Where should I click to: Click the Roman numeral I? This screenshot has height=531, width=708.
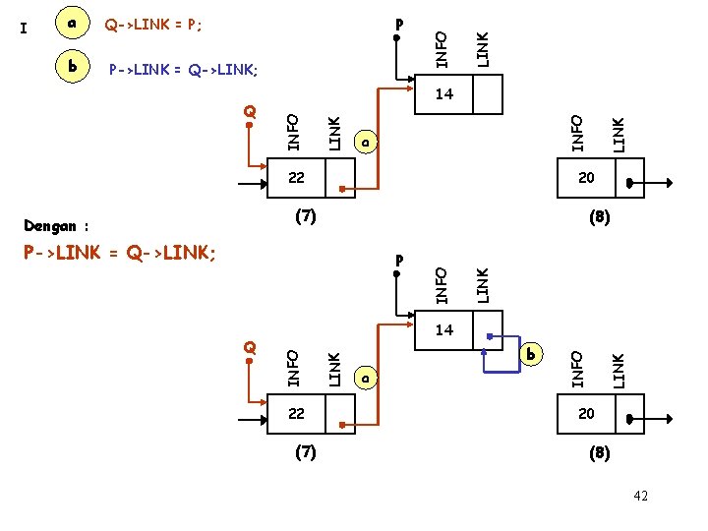pyautogui.click(x=24, y=28)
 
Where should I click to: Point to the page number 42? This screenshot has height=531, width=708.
pyautogui.click(x=641, y=497)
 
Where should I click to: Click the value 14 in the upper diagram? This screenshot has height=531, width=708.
pyautogui.click(x=443, y=94)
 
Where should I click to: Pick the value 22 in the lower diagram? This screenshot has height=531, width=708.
pyautogui.click(x=296, y=414)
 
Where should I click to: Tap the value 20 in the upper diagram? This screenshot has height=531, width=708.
pyautogui.click(x=586, y=178)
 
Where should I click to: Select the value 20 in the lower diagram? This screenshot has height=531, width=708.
pyautogui.click(x=586, y=414)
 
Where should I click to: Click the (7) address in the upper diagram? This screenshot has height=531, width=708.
pyautogui.click(x=306, y=215)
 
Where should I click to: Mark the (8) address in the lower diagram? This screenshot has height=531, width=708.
pyautogui.click(x=598, y=453)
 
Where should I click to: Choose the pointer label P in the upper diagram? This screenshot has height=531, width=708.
pyautogui.click(x=397, y=23)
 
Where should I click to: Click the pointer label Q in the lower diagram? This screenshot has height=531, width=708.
pyautogui.click(x=250, y=347)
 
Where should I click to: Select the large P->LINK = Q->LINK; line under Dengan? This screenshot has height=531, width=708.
pyautogui.click(x=119, y=254)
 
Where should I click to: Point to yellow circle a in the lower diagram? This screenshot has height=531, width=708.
pyautogui.click(x=365, y=378)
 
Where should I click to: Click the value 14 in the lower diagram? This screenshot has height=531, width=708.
pyautogui.click(x=443, y=330)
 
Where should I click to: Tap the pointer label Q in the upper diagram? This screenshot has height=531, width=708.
pyautogui.click(x=250, y=111)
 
